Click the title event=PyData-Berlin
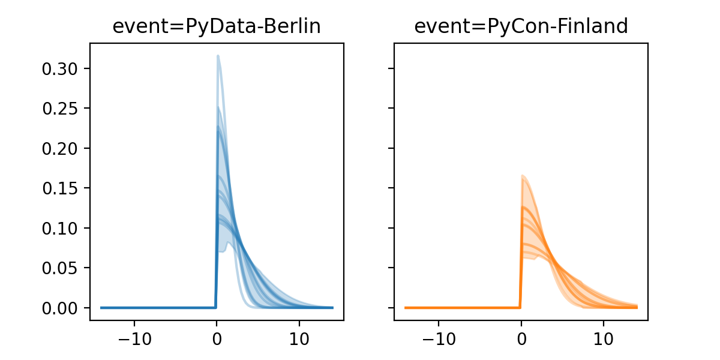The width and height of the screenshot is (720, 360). (x=217, y=26)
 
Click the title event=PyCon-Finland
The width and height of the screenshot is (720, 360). (x=521, y=26)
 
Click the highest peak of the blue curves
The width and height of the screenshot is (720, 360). (x=218, y=56)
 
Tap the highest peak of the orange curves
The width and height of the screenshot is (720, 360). (x=523, y=176)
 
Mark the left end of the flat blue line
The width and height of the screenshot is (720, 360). (x=101, y=308)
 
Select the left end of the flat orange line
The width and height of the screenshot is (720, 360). (x=406, y=308)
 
